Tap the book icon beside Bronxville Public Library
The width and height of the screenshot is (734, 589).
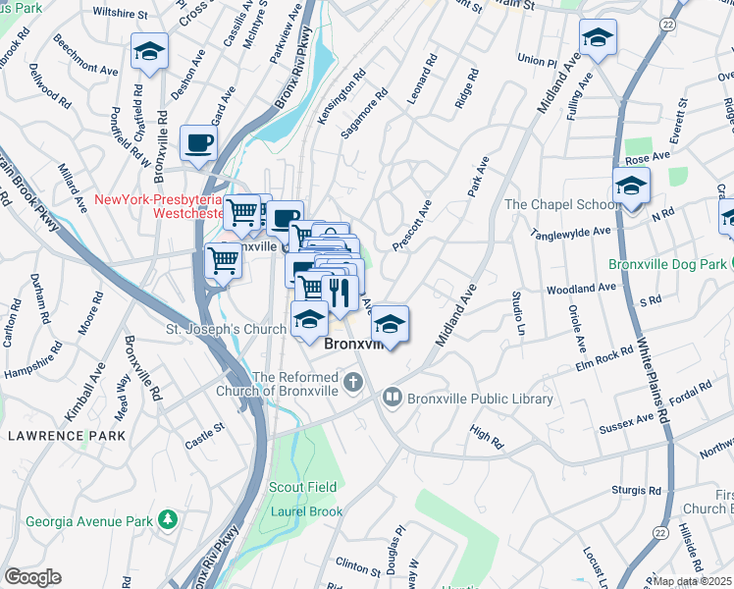pyautogui.click(x=393, y=398)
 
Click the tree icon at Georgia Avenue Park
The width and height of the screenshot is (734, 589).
pyautogui.click(x=170, y=518)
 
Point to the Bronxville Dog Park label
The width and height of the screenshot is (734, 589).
pyautogui.click(x=667, y=264)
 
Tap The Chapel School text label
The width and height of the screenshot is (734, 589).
pyautogui.click(x=561, y=204)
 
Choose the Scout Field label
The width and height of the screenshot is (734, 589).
pyautogui.click(x=303, y=487)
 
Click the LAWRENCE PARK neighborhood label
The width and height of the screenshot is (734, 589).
pyautogui.click(x=66, y=434)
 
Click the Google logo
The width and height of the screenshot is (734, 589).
pyautogui.click(x=32, y=577)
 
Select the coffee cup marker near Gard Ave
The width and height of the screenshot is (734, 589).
pyautogui.click(x=199, y=143)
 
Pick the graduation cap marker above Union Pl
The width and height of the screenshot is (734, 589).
pyautogui.click(x=596, y=38)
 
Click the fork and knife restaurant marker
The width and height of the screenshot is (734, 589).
pyautogui.click(x=340, y=293)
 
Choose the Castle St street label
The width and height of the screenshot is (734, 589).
pyautogui.click(x=204, y=436)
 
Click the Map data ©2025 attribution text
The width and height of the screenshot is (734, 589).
pyautogui.click(x=693, y=581)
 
